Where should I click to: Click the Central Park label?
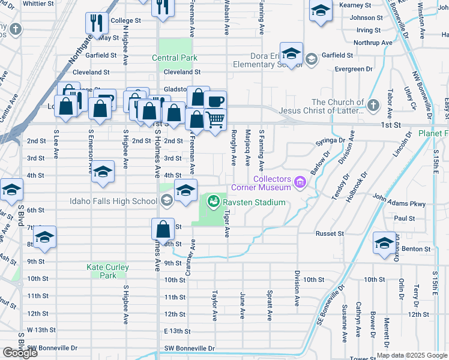tap(175, 58)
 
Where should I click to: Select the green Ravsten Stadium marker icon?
tap(213, 202)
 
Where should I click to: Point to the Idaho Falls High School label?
tap(113, 200)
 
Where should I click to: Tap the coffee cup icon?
tap(215, 101)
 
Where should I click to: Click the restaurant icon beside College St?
tap(96, 23)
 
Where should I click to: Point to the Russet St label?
tap(330, 233)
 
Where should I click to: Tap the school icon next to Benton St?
tap(385, 242)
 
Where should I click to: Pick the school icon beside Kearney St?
tap(321, 11)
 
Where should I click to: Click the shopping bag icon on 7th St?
tap(163, 229)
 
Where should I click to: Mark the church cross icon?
tap(373, 106)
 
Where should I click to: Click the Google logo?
tap(20, 353)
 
